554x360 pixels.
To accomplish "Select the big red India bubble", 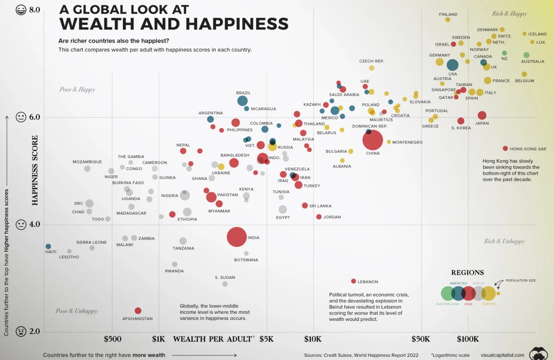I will point(236,237).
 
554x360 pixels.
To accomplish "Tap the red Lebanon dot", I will point(354,281).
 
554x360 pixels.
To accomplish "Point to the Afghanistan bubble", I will point(138,311).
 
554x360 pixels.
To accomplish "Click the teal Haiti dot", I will point(48,246).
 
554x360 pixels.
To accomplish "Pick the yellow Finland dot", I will point(447,19).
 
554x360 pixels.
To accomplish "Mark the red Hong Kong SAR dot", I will point(505,148).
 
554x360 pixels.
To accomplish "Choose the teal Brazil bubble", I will point(242,101).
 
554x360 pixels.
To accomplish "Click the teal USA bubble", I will point(452,65).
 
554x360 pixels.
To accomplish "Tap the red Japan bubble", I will point(482,115).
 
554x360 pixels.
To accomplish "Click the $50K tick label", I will point(421,339).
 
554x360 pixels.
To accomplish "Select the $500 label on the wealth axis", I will point(112,339).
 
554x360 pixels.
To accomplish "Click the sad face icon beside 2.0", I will point(21,331).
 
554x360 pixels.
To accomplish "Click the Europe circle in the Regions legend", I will point(488,293).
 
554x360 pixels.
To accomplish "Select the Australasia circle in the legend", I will point(447,293).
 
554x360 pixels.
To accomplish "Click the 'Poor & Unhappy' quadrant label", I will point(77,311).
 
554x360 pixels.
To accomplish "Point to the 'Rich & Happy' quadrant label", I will point(510,13).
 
